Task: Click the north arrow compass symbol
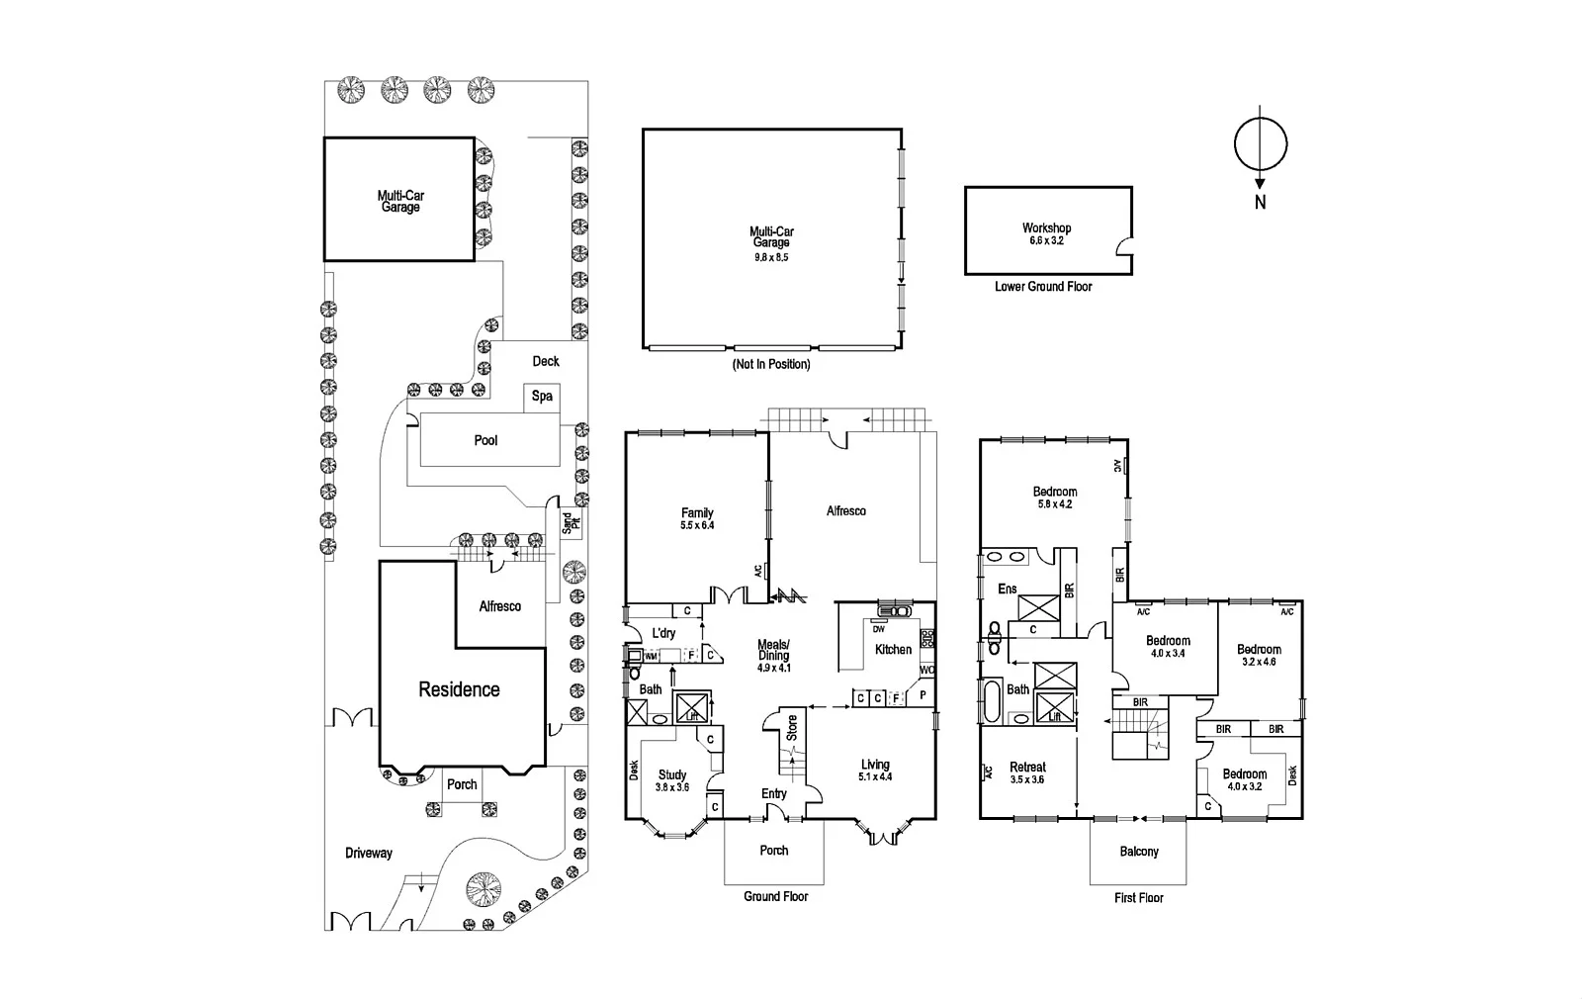point(1261,146)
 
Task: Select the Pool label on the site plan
point(485,440)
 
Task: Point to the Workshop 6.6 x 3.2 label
point(1046,234)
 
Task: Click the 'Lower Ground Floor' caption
point(1043,287)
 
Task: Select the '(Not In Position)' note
point(771,364)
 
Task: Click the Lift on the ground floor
point(689,707)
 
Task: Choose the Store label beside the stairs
point(791,728)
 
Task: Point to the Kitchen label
point(893,650)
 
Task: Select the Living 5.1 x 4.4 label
point(875,771)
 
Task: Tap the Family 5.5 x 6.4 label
point(697,518)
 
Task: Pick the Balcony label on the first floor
point(1139,852)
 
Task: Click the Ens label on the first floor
point(1007,590)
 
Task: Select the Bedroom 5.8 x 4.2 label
point(1055,498)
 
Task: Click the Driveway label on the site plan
point(369,853)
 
